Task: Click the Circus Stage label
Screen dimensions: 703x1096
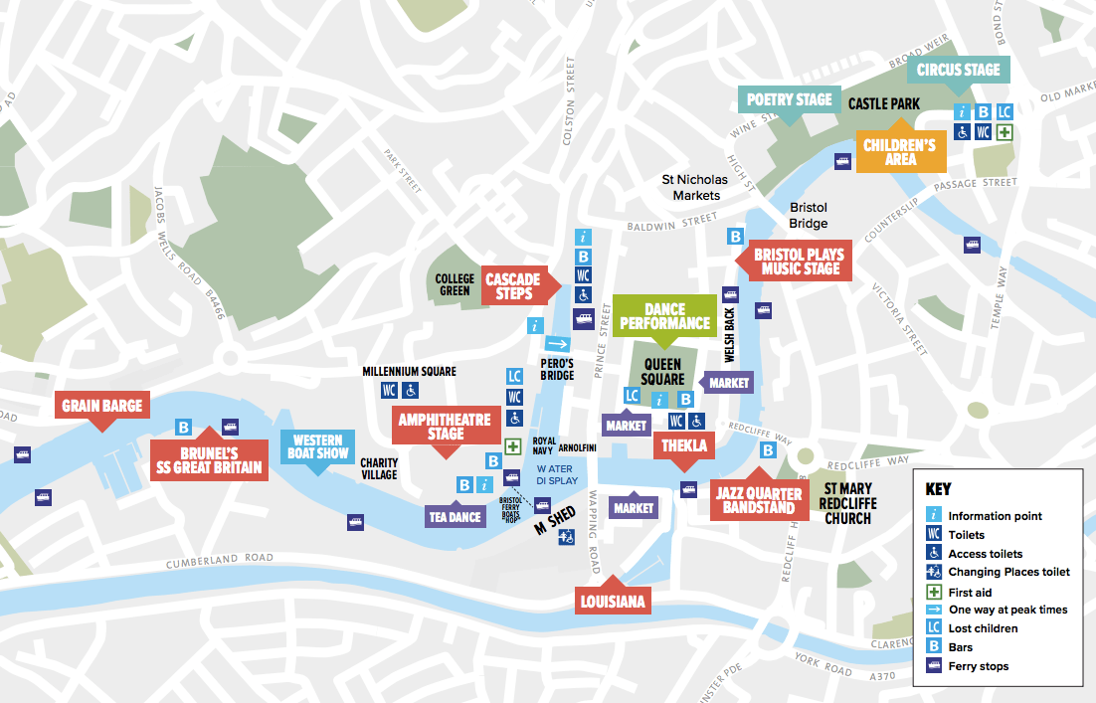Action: (958, 70)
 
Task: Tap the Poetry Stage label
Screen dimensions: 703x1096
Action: (789, 99)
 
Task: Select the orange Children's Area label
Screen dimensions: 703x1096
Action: (899, 152)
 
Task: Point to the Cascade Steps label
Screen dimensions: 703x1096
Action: (513, 285)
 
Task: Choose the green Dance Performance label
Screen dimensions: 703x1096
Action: (663, 316)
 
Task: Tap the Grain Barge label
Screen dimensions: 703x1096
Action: (102, 406)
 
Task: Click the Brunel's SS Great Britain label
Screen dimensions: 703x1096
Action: (209, 459)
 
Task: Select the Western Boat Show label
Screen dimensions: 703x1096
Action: (317, 446)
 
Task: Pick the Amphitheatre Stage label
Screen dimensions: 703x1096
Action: (445, 427)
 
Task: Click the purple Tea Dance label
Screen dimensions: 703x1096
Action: (456, 516)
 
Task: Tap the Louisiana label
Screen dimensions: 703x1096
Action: (614, 601)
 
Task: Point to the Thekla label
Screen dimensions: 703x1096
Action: (684, 445)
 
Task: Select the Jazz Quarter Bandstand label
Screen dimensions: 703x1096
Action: (759, 500)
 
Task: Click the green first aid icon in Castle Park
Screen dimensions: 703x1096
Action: (1005, 132)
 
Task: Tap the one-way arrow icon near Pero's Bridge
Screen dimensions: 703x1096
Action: (557, 344)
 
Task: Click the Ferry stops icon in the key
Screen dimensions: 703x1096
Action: (934, 666)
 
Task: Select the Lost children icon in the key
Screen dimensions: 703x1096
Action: (934, 628)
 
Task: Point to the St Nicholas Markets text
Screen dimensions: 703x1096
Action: (695, 187)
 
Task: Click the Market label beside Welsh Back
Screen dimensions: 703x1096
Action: (729, 383)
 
